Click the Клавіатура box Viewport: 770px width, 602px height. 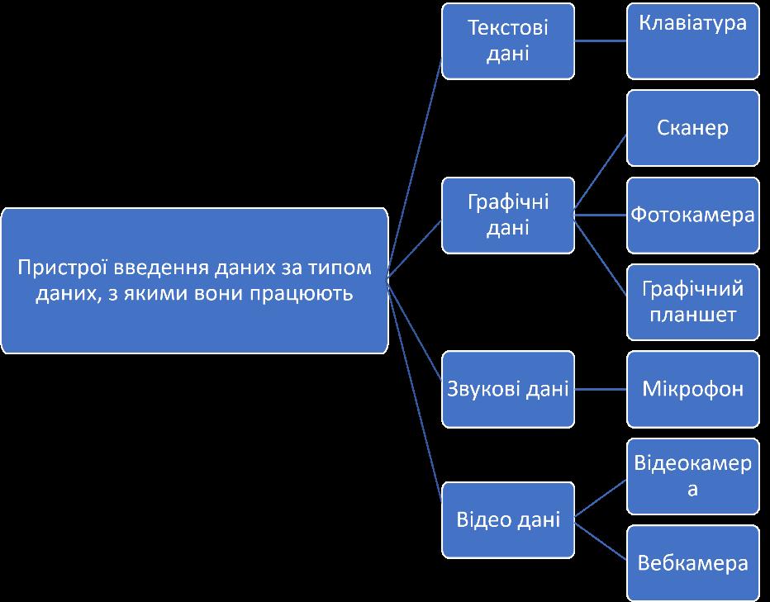692,40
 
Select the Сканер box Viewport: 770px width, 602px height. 692,128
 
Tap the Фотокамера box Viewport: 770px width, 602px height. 692,215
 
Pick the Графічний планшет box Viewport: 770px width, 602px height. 692,301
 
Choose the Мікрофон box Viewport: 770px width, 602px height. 692,389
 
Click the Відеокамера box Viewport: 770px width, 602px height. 692,476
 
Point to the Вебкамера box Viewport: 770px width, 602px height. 692,563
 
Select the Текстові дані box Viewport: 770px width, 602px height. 507,40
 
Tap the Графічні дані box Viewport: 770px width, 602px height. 507,215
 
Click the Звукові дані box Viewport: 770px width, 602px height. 507,389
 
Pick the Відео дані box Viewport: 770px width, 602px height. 507,519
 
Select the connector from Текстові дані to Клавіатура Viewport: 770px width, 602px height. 601,40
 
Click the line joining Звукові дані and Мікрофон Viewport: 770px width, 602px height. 601,389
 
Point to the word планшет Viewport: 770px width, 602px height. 692,315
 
